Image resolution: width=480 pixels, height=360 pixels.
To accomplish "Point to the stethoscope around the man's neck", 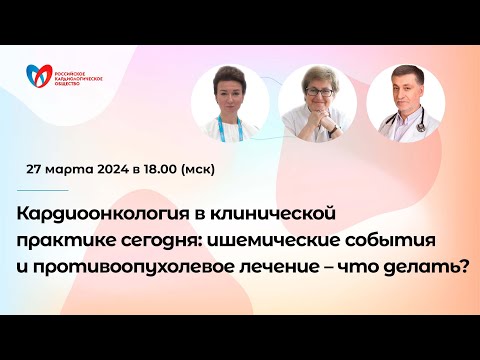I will coord(399,124).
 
